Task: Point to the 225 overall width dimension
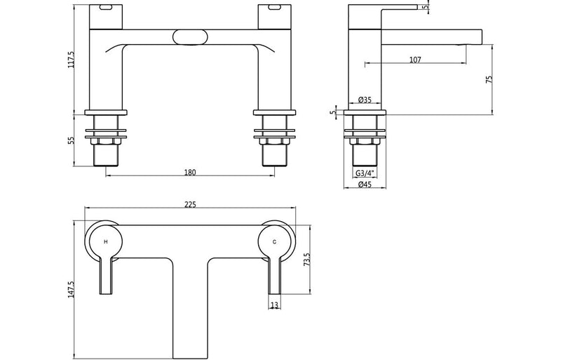tap(190, 205)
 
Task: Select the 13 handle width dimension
tap(273, 305)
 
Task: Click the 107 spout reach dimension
tap(414, 60)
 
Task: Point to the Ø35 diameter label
tap(365, 100)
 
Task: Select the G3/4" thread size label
tap(364, 173)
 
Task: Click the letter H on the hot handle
tap(105, 241)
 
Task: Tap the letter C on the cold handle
tap(274, 241)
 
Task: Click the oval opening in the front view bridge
tap(189, 36)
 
